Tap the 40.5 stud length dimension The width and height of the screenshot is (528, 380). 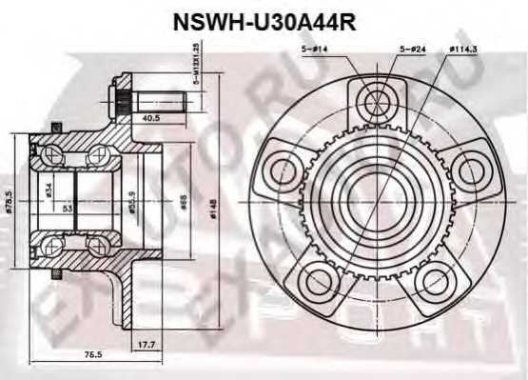150,119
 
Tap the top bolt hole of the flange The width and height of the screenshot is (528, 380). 378,99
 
